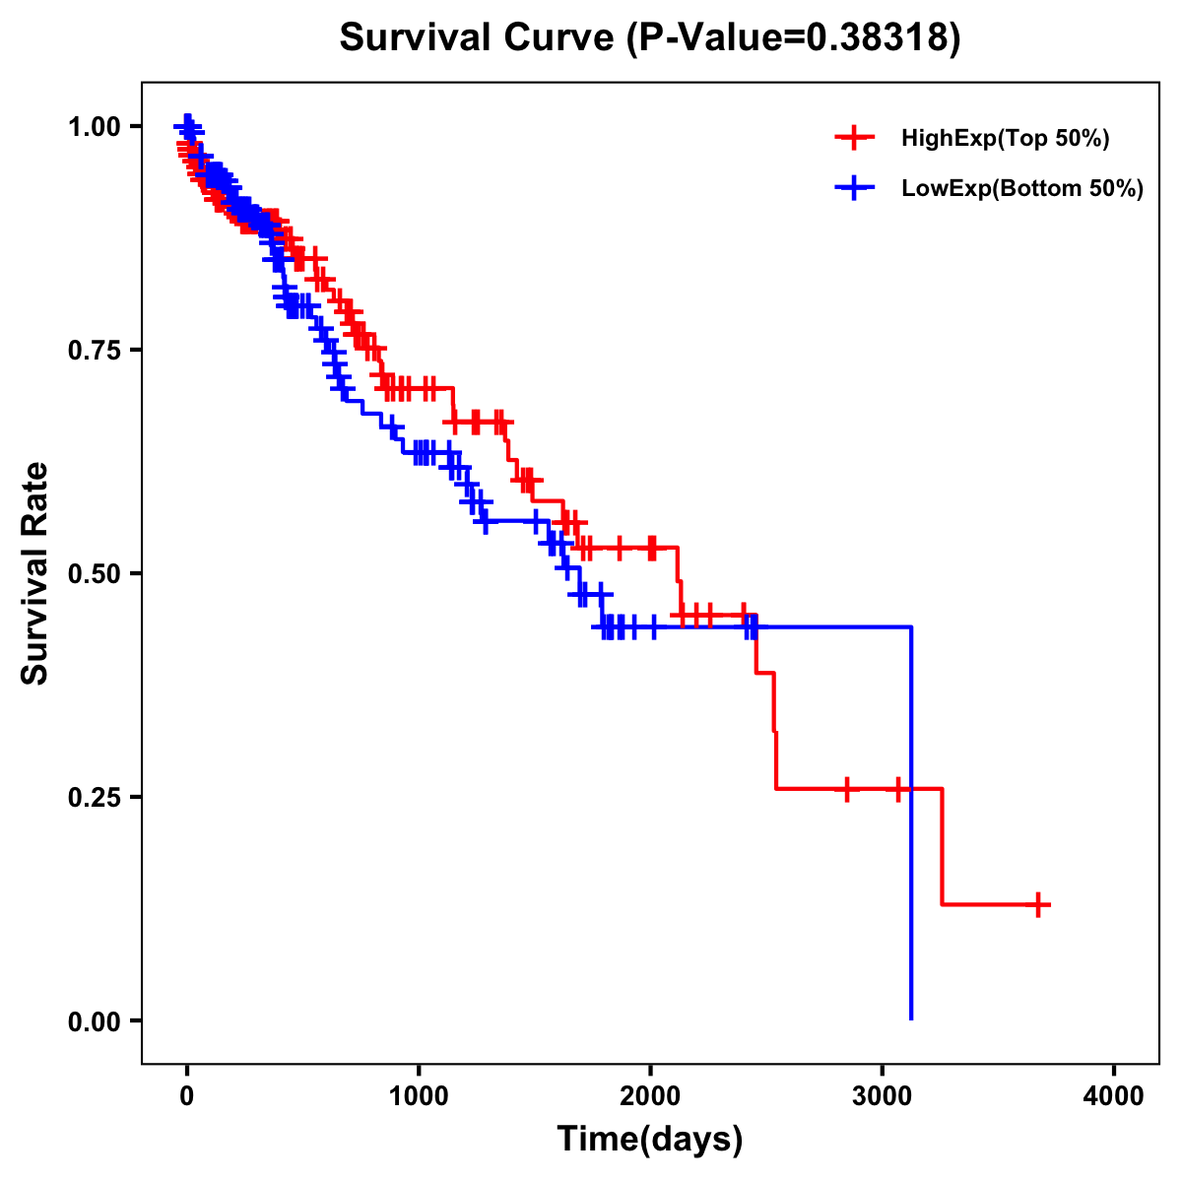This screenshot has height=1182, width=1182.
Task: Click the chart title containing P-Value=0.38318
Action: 649,38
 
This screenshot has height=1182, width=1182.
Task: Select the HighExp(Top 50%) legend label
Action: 1006,139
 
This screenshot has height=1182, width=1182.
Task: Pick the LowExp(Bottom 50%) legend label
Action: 1022,189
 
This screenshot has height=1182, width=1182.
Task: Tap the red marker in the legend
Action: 854,138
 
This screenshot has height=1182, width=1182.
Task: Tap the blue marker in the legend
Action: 854,188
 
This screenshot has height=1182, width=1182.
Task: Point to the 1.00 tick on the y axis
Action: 94,127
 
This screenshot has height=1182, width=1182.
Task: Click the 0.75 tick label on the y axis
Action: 94,351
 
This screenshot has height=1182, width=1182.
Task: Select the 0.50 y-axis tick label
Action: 94,574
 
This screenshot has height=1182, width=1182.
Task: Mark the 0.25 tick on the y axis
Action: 94,798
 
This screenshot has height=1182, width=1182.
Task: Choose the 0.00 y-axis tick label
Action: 94,1021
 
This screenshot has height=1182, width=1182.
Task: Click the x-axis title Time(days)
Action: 650,1140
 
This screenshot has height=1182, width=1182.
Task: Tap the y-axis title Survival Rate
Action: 36,573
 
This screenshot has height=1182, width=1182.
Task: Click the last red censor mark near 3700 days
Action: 1038,904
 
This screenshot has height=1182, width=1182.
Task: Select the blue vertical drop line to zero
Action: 911,827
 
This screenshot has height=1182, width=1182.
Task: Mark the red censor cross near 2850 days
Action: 846,789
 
